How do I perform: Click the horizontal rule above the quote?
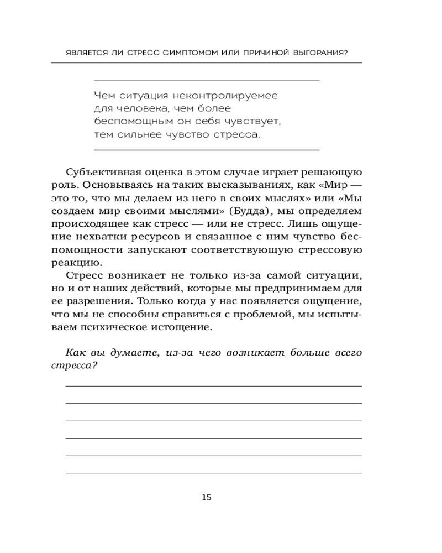207,81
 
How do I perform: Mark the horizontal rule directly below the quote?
207,149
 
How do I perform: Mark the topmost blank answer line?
214,386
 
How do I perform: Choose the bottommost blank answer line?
214,473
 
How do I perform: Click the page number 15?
207,497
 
